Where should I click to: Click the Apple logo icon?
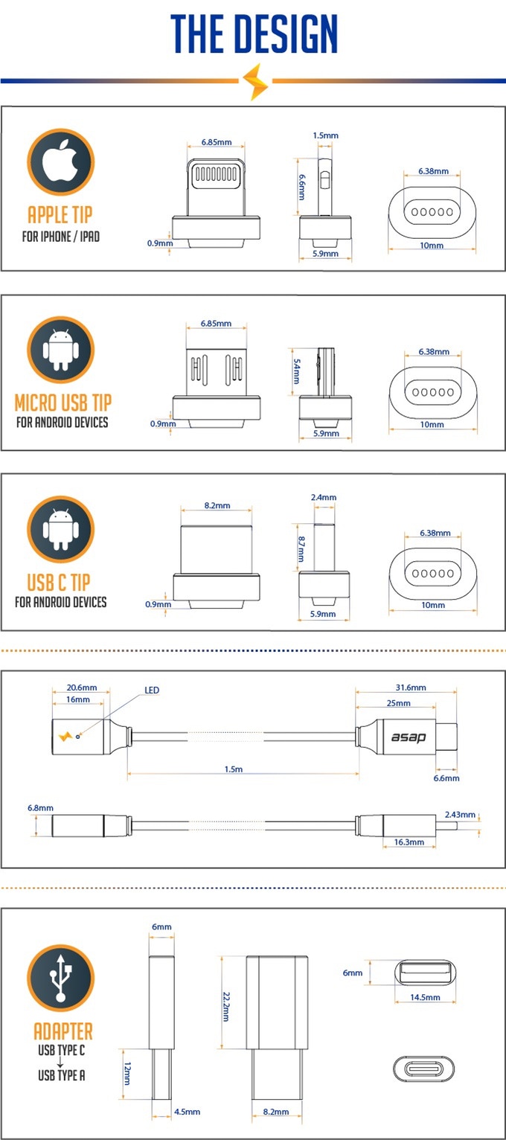click(x=60, y=161)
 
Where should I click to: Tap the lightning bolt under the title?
click(x=255, y=81)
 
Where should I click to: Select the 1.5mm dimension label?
click(x=325, y=135)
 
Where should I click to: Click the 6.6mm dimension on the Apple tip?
click(x=302, y=188)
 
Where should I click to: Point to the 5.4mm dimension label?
click(x=297, y=371)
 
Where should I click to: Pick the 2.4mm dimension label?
click(x=324, y=497)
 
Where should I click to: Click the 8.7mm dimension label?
click(x=301, y=549)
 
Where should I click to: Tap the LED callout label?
click(x=152, y=690)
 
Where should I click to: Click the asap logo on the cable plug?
click(x=409, y=737)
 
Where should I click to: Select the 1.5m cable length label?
click(x=234, y=769)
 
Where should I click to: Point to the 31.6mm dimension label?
click(x=411, y=688)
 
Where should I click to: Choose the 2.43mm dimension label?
click(x=460, y=815)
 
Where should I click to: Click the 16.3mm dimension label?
click(x=409, y=842)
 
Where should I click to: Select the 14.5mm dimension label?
click(x=425, y=997)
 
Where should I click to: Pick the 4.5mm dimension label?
click(x=188, y=1112)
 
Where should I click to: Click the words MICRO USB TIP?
click(x=63, y=403)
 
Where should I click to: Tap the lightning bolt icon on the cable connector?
click(x=65, y=736)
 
